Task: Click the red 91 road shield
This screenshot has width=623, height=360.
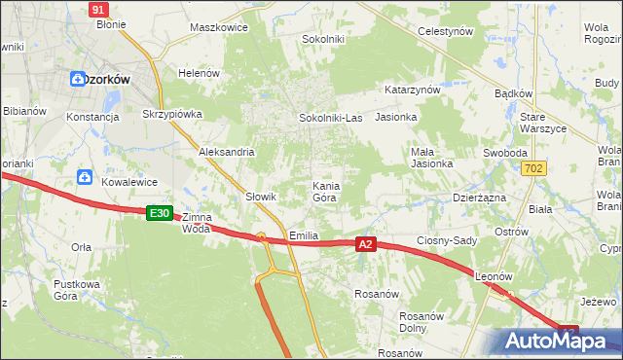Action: click(x=97, y=9)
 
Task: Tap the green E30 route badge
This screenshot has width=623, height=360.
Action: click(x=160, y=212)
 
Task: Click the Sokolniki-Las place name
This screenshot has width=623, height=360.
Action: click(x=330, y=118)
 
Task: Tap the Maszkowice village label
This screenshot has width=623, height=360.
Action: click(x=219, y=27)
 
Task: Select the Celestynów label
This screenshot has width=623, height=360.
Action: click(x=445, y=31)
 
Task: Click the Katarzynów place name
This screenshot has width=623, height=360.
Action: click(x=413, y=89)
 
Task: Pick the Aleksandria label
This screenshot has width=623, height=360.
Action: click(x=226, y=152)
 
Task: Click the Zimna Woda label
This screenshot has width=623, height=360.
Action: click(x=196, y=223)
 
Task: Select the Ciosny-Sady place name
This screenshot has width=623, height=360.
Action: click(x=445, y=241)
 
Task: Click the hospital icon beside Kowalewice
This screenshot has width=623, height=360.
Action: click(x=85, y=178)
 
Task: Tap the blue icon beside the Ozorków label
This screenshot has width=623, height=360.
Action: click(x=77, y=79)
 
